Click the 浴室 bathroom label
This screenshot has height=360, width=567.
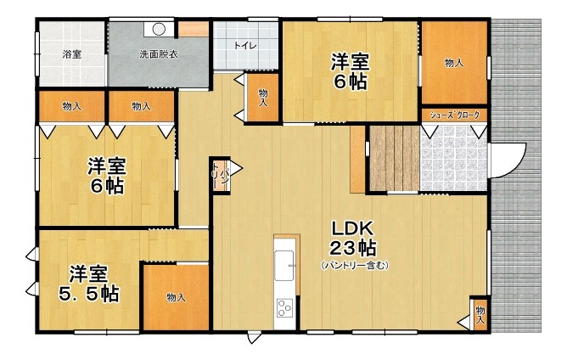coord(71,54)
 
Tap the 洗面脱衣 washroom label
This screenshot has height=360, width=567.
coord(159,54)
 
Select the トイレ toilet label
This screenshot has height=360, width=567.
coord(245,46)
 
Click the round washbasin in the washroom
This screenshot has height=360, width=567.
coord(159,29)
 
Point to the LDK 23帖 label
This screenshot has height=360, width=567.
coord(352,238)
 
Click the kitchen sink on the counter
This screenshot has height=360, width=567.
coord(284,265)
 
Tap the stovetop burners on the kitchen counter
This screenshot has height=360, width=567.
coord(284,308)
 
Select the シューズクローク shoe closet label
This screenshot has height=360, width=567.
coord(455,115)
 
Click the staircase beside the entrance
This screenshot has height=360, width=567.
coord(394,158)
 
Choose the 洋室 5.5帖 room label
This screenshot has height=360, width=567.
coord(88,284)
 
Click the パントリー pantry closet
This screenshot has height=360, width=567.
coord(221,176)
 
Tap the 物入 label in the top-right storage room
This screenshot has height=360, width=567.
coord(454,63)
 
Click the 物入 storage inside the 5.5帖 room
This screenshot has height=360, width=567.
coord(176,297)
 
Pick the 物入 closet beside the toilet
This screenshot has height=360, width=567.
coord(263,98)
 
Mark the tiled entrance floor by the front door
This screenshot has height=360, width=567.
coord(454,158)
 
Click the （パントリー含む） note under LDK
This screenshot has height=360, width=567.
coord(355,266)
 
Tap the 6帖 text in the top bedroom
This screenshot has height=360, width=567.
coord(350,82)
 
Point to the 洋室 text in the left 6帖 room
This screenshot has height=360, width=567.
coord(106,166)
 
